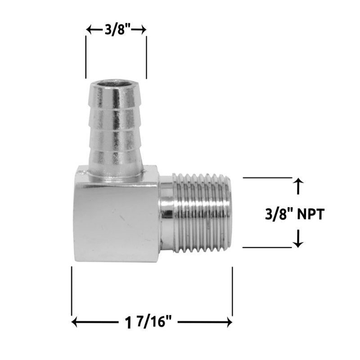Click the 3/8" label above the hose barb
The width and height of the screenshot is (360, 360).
pyautogui.click(x=116, y=31)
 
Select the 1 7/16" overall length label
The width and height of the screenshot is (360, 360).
pyautogui.click(x=151, y=322)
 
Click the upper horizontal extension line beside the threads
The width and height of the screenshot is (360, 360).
pyautogui.click(x=267, y=178)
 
